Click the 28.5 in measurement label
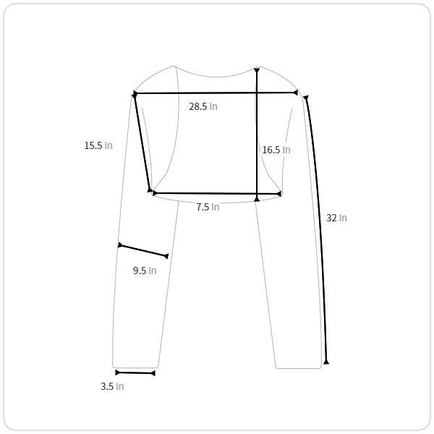pos(203,106)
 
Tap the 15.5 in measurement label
pos(98,145)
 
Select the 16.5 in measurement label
pos(276,150)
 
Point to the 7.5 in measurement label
pos(208,207)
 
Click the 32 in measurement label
pos(336,218)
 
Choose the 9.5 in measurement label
pos(145,271)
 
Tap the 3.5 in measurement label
pos(112,386)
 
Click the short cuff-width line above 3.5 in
pos(135,373)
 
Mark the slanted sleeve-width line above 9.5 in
pos(143,251)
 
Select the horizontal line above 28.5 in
pos(216,93)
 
